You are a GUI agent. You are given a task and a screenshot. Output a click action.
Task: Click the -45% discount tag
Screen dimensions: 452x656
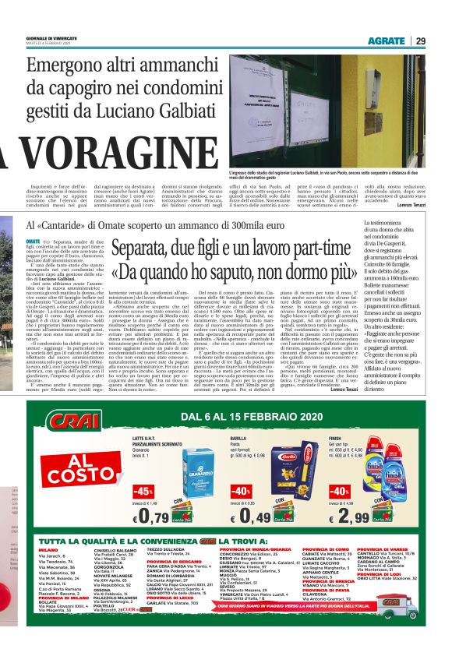tap(143, 492)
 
